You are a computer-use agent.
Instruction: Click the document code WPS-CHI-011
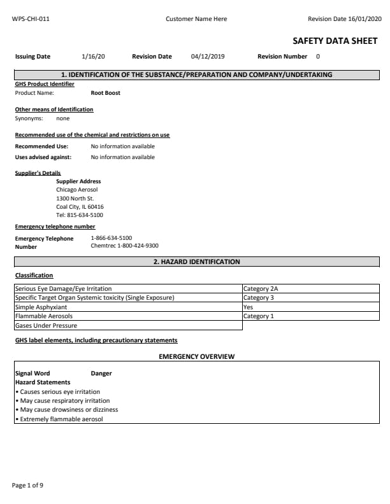31,19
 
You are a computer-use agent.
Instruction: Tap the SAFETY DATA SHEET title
335,41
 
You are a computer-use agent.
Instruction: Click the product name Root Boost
105,93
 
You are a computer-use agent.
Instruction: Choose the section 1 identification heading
196,75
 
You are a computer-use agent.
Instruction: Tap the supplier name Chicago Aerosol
77,190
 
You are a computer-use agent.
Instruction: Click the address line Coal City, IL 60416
80,207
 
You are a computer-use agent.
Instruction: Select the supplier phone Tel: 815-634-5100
80,215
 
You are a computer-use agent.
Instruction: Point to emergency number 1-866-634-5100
112,238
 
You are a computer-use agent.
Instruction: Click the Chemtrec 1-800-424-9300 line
124,246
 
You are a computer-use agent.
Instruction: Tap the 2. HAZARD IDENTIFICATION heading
196,262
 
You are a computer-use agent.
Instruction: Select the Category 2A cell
261,289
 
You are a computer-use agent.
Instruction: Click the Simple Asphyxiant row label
41,307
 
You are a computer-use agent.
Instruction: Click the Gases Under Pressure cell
46,325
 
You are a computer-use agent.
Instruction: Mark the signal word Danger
101,374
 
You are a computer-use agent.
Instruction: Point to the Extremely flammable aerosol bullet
61,419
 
